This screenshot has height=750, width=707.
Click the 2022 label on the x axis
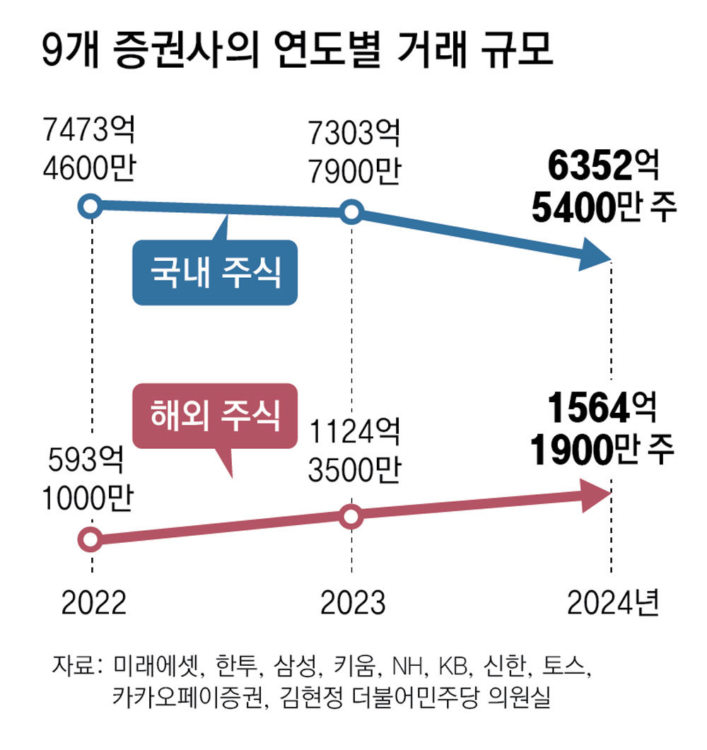point(93,603)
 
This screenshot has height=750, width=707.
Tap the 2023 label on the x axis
point(353,603)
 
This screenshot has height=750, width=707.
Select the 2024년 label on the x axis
point(613,603)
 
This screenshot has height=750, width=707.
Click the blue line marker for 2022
point(90,207)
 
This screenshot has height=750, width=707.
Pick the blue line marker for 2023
point(351,212)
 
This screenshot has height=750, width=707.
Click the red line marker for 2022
point(90,539)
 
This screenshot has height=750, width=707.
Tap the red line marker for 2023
point(351,517)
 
